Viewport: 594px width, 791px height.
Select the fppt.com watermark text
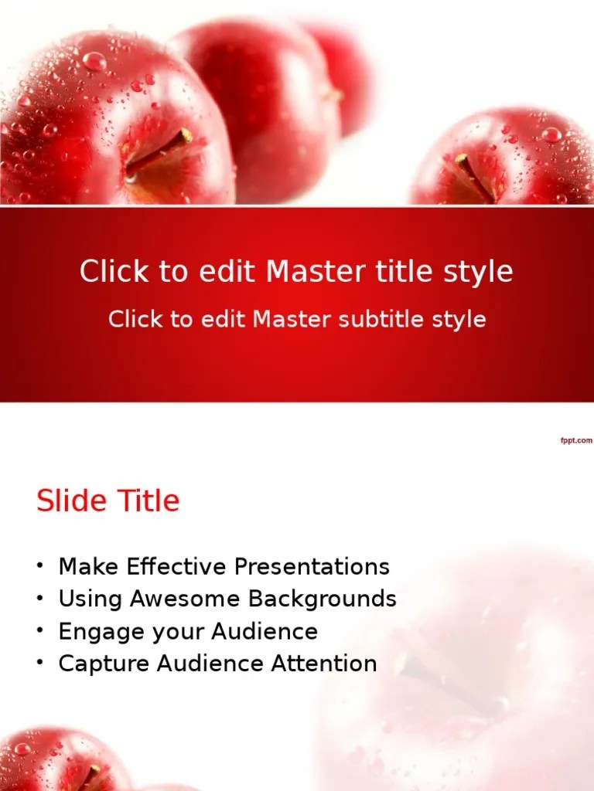point(575,440)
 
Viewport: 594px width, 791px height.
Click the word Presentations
point(312,566)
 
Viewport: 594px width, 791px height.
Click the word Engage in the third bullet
point(97,632)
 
